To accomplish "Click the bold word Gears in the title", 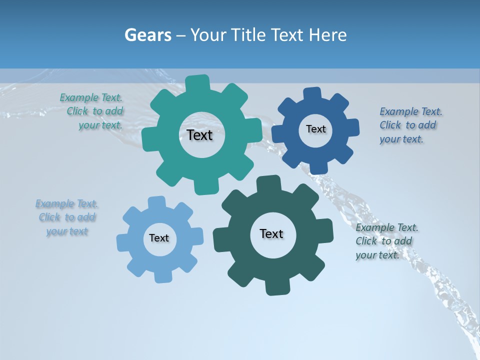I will coord(148,35).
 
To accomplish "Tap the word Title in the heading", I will coord(250,35).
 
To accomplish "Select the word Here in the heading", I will coord(328,35).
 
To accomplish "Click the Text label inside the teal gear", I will coord(199,135).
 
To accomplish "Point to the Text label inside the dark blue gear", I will coord(315,129).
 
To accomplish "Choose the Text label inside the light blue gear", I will coord(159,238).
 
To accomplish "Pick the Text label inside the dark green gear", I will coord(271,233).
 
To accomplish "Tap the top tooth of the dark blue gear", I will coord(312,93).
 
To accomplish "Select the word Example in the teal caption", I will coord(79,98).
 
